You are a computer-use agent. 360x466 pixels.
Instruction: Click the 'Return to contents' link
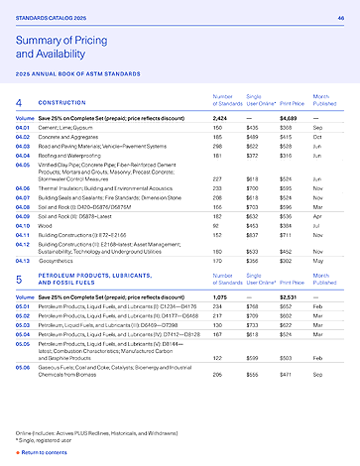click(44, 451)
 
